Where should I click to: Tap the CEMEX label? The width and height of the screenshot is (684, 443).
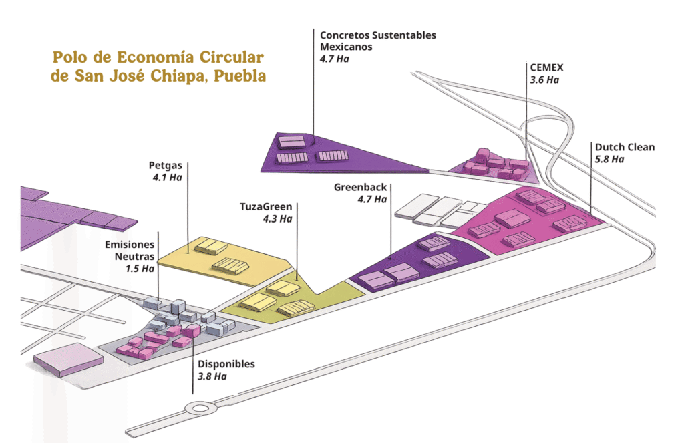pyautogui.click(x=546, y=67)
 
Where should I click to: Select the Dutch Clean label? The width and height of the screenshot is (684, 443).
pyautogui.click(x=625, y=147)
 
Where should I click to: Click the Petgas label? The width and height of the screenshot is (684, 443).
pyautogui.click(x=166, y=166)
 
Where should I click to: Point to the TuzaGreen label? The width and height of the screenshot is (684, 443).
pyautogui.click(x=266, y=206)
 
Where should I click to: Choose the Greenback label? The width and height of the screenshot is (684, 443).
pyautogui.click(x=360, y=187)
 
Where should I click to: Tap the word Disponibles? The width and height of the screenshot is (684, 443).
pyautogui.click(x=226, y=364)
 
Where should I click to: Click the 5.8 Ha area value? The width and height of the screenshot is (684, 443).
pyautogui.click(x=609, y=159)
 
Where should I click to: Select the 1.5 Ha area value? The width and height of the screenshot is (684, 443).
pyautogui.click(x=140, y=269)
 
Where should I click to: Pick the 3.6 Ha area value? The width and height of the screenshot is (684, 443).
pyautogui.click(x=544, y=80)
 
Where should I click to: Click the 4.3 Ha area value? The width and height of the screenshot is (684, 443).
pyautogui.click(x=277, y=218)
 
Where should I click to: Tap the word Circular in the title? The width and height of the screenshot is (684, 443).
pyautogui.click(x=231, y=57)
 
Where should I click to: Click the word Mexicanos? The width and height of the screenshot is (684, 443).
pyautogui.click(x=346, y=47)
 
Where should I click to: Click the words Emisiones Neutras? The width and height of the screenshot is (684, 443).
pyautogui.click(x=130, y=250)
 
